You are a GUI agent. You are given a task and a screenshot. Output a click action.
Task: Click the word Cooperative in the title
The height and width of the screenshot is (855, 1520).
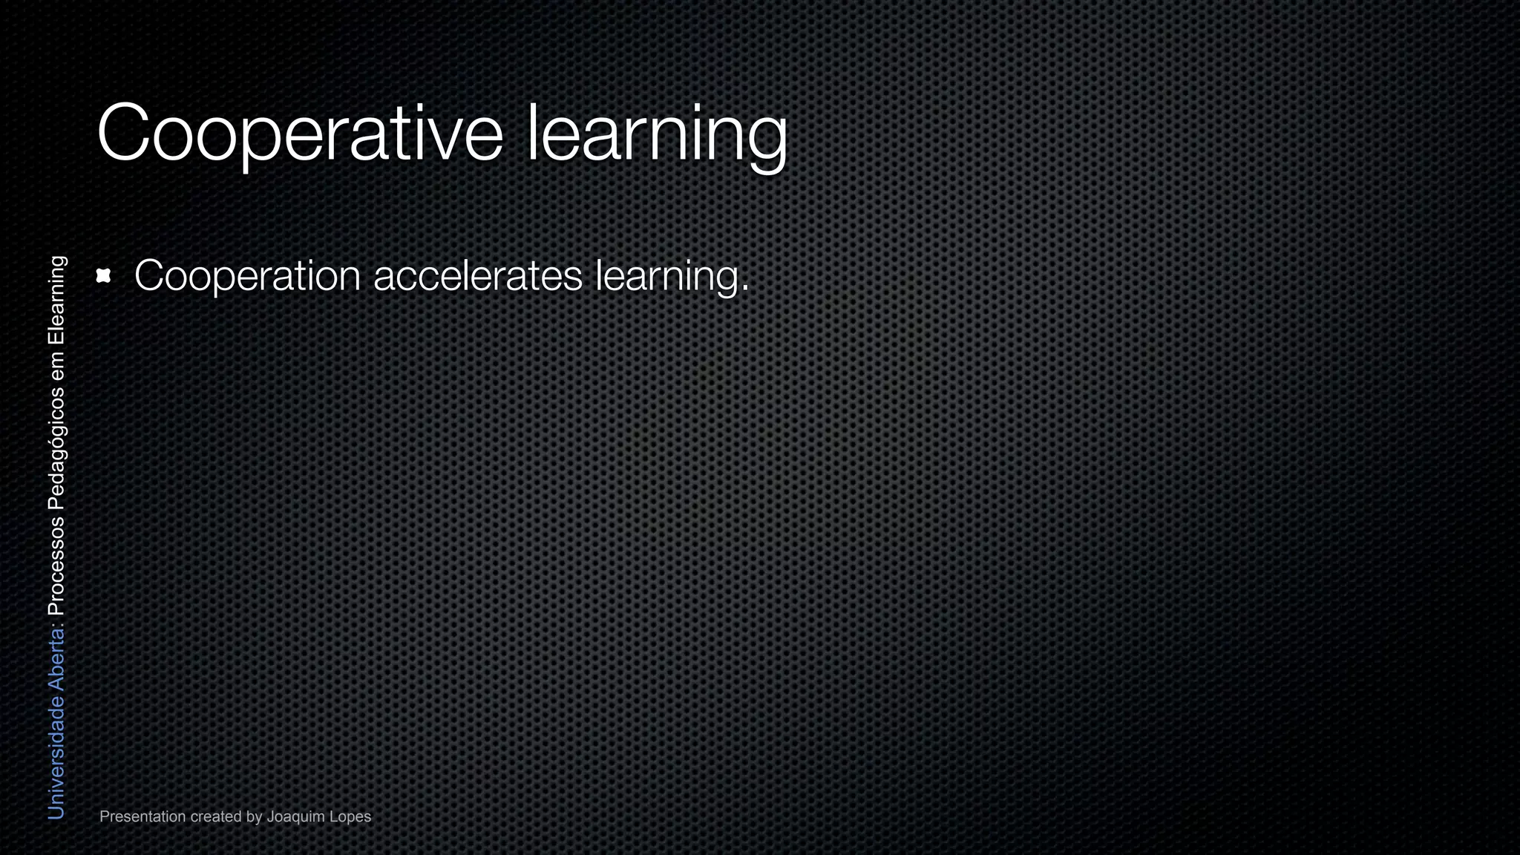point(300,134)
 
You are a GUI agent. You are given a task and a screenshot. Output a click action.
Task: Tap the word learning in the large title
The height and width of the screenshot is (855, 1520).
point(656,134)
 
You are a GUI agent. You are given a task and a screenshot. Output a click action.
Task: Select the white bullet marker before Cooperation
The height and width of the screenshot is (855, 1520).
point(104,276)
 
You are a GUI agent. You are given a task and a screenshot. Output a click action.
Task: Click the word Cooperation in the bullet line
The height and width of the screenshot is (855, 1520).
point(247,276)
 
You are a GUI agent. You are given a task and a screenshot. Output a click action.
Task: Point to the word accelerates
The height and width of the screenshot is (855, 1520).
point(478,276)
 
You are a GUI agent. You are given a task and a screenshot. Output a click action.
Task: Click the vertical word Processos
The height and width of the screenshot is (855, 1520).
point(56,567)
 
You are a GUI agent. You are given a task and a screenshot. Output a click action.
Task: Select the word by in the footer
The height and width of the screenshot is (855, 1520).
point(255,816)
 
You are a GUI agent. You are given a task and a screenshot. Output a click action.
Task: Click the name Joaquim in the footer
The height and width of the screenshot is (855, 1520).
point(297,816)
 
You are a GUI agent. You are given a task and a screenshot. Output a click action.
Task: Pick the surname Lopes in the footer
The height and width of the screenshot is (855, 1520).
point(352,816)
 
